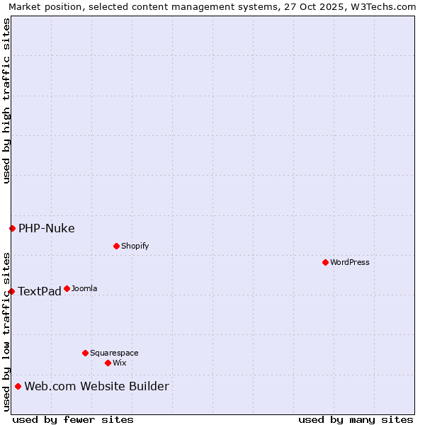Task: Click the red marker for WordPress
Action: [x=325, y=262]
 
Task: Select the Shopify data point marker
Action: [x=116, y=246]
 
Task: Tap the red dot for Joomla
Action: [x=67, y=288]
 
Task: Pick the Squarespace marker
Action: [x=85, y=353]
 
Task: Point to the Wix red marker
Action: [x=108, y=363]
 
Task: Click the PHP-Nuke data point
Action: [x=12, y=228]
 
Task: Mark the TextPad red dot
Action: [x=11, y=291]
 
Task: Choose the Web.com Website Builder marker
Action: [x=18, y=386]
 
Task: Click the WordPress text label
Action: [x=350, y=262]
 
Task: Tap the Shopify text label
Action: [x=135, y=246]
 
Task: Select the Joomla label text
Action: [x=84, y=288]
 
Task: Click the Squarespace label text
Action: [x=114, y=353]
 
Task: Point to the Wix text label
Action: [x=120, y=363]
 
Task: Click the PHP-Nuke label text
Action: [x=47, y=228]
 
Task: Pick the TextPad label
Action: [x=40, y=291]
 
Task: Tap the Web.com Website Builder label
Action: [x=97, y=386]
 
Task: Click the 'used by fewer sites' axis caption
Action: [x=73, y=419]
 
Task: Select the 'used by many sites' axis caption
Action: [x=356, y=419]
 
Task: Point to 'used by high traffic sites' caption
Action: [x=6, y=101]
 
